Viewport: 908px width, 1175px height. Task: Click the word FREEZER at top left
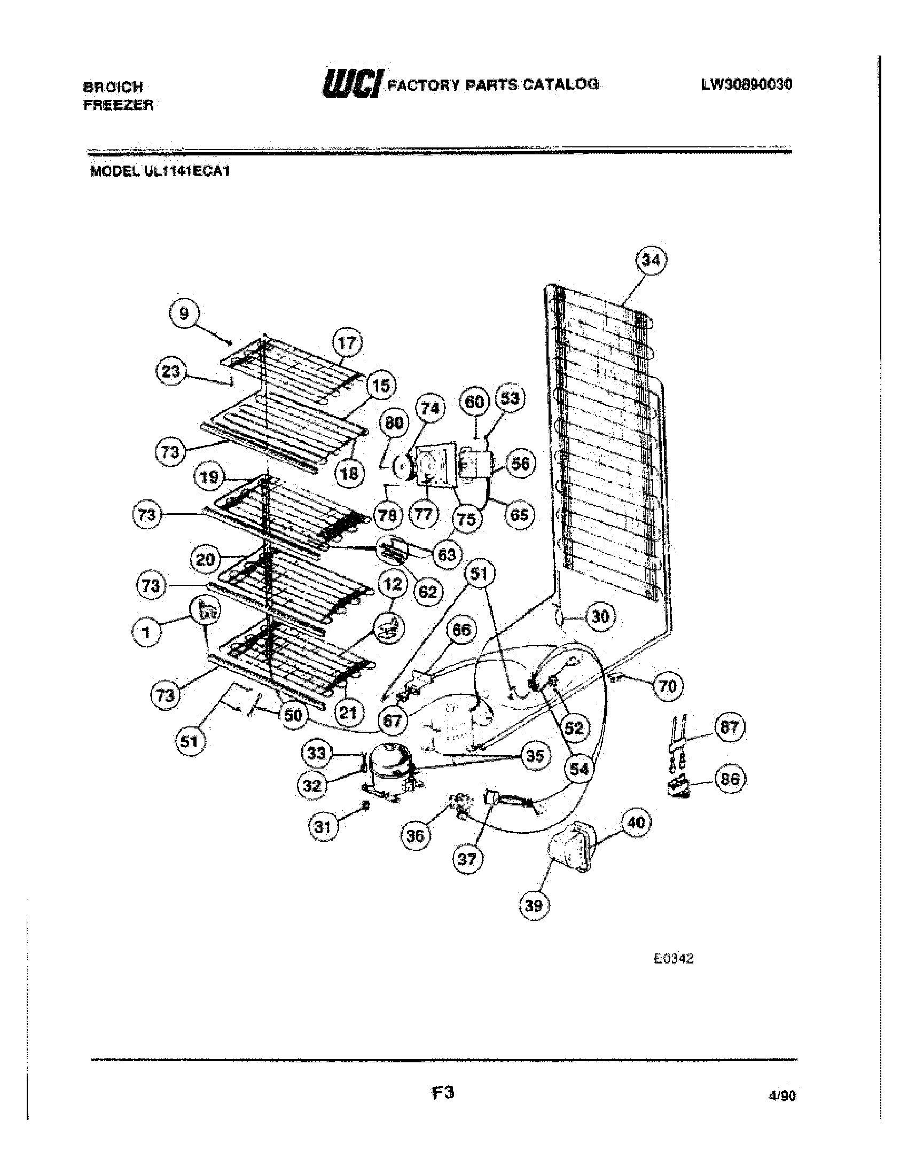pos(119,105)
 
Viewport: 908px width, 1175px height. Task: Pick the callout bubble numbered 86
pos(730,779)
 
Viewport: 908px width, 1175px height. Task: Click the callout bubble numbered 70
pos(668,686)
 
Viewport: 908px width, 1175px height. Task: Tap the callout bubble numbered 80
pos(394,423)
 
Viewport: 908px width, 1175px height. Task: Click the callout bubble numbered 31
pos(322,825)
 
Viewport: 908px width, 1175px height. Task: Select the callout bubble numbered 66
pos(461,630)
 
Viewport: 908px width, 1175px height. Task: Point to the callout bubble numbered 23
pos(171,371)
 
